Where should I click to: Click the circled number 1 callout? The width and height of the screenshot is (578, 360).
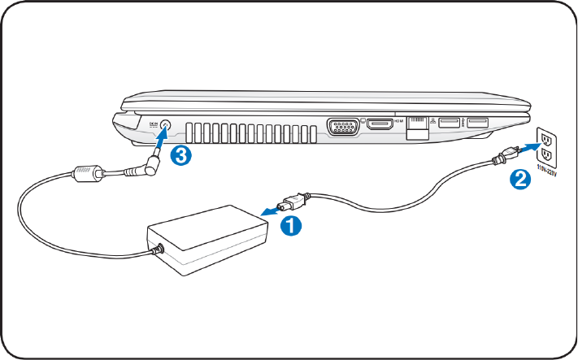(289, 226)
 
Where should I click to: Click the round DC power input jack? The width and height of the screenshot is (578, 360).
(166, 127)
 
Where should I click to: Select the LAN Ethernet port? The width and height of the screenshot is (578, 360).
(418, 126)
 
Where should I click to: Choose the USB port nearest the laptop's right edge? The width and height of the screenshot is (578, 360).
(477, 124)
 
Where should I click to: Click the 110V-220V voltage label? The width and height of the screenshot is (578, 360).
(550, 173)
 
